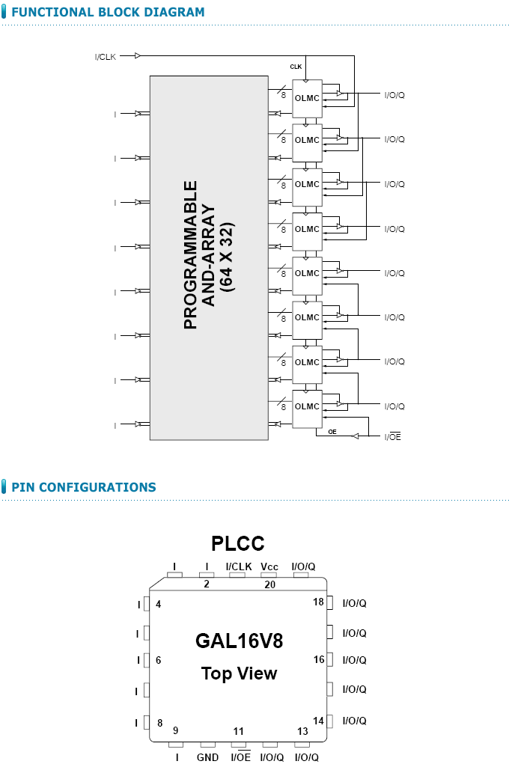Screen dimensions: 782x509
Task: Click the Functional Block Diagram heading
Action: pos(108,13)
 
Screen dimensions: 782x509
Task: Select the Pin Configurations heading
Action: pos(84,487)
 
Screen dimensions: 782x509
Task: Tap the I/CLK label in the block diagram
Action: pos(106,57)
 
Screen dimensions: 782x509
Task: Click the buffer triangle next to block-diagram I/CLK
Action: pos(138,55)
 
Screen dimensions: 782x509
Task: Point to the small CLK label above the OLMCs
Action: pos(296,67)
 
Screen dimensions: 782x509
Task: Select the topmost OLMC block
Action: pos(307,98)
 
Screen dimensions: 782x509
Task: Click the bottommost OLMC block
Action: pos(307,406)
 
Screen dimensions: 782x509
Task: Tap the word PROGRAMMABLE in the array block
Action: pos(192,254)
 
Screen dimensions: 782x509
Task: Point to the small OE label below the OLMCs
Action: pos(332,432)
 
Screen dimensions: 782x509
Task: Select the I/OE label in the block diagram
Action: pos(393,436)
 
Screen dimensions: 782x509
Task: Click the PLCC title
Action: pos(237,543)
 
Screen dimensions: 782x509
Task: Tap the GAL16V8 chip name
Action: pos(239,641)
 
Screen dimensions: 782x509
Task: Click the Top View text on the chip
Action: pos(239,673)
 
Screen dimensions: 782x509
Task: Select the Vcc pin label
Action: pos(269,566)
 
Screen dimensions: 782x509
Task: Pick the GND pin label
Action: pos(207,757)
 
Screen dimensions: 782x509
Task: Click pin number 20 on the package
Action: pos(270,584)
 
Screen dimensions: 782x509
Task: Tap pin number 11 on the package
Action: pos(238,731)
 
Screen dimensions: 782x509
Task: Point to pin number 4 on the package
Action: pos(159,604)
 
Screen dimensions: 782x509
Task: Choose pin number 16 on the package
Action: pos(319,660)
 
